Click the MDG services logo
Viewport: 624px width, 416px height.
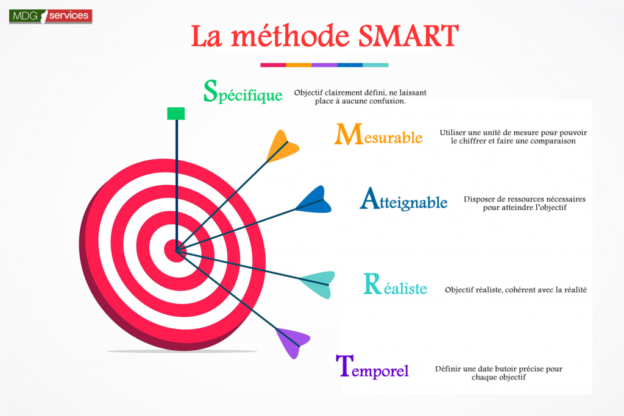click(x=51, y=16)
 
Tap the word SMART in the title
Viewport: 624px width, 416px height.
click(x=409, y=36)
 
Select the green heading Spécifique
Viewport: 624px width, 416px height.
click(x=243, y=91)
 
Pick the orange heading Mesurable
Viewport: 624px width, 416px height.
click(x=378, y=135)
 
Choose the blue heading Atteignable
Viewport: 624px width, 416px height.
click(x=403, y=199)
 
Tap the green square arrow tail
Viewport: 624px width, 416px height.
click(x=176, y=113)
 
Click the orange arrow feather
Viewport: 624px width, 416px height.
click(x=283, y=146)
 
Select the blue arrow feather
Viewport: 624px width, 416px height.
click(x=314, y=200)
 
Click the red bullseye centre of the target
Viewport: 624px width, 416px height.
click(x=176, y=250)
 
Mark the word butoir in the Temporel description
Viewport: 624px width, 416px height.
click(x=511, y=368)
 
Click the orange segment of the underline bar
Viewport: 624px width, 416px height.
click(x=299, y=65)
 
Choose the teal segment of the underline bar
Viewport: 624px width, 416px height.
click(x=375, y=65)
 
